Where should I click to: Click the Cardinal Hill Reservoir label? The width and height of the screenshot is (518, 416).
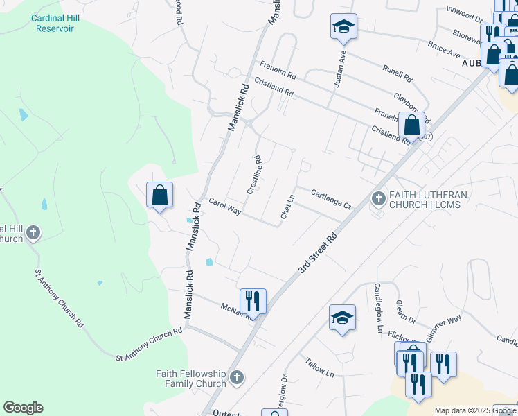pos(53,23)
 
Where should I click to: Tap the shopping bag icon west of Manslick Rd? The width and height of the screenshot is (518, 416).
pos(159,195)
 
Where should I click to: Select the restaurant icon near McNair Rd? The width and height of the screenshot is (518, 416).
pos(253,301)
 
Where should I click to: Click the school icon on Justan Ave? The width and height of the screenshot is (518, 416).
pos(343,26)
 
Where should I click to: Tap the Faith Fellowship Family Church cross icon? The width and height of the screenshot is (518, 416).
pos(237,378)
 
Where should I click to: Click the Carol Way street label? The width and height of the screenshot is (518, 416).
pos(225,206)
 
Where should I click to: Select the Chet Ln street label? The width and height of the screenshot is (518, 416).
pos(287,207)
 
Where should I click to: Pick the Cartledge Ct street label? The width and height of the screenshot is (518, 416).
pos(331,200)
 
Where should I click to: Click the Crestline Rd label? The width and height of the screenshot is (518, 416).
pos(255,174)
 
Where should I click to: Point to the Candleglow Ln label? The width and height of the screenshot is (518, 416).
pos(378,308)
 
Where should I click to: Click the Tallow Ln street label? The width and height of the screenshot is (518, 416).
pos(319,366)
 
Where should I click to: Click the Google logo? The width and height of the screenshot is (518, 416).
pos(23,408)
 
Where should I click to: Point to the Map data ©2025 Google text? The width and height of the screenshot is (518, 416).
pos(475,410)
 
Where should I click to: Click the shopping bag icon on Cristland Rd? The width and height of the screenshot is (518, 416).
pos(411,125)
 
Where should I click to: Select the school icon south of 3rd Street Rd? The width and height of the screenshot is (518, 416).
pos(342,318)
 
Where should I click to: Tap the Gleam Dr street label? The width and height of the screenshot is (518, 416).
pos(405,312)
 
